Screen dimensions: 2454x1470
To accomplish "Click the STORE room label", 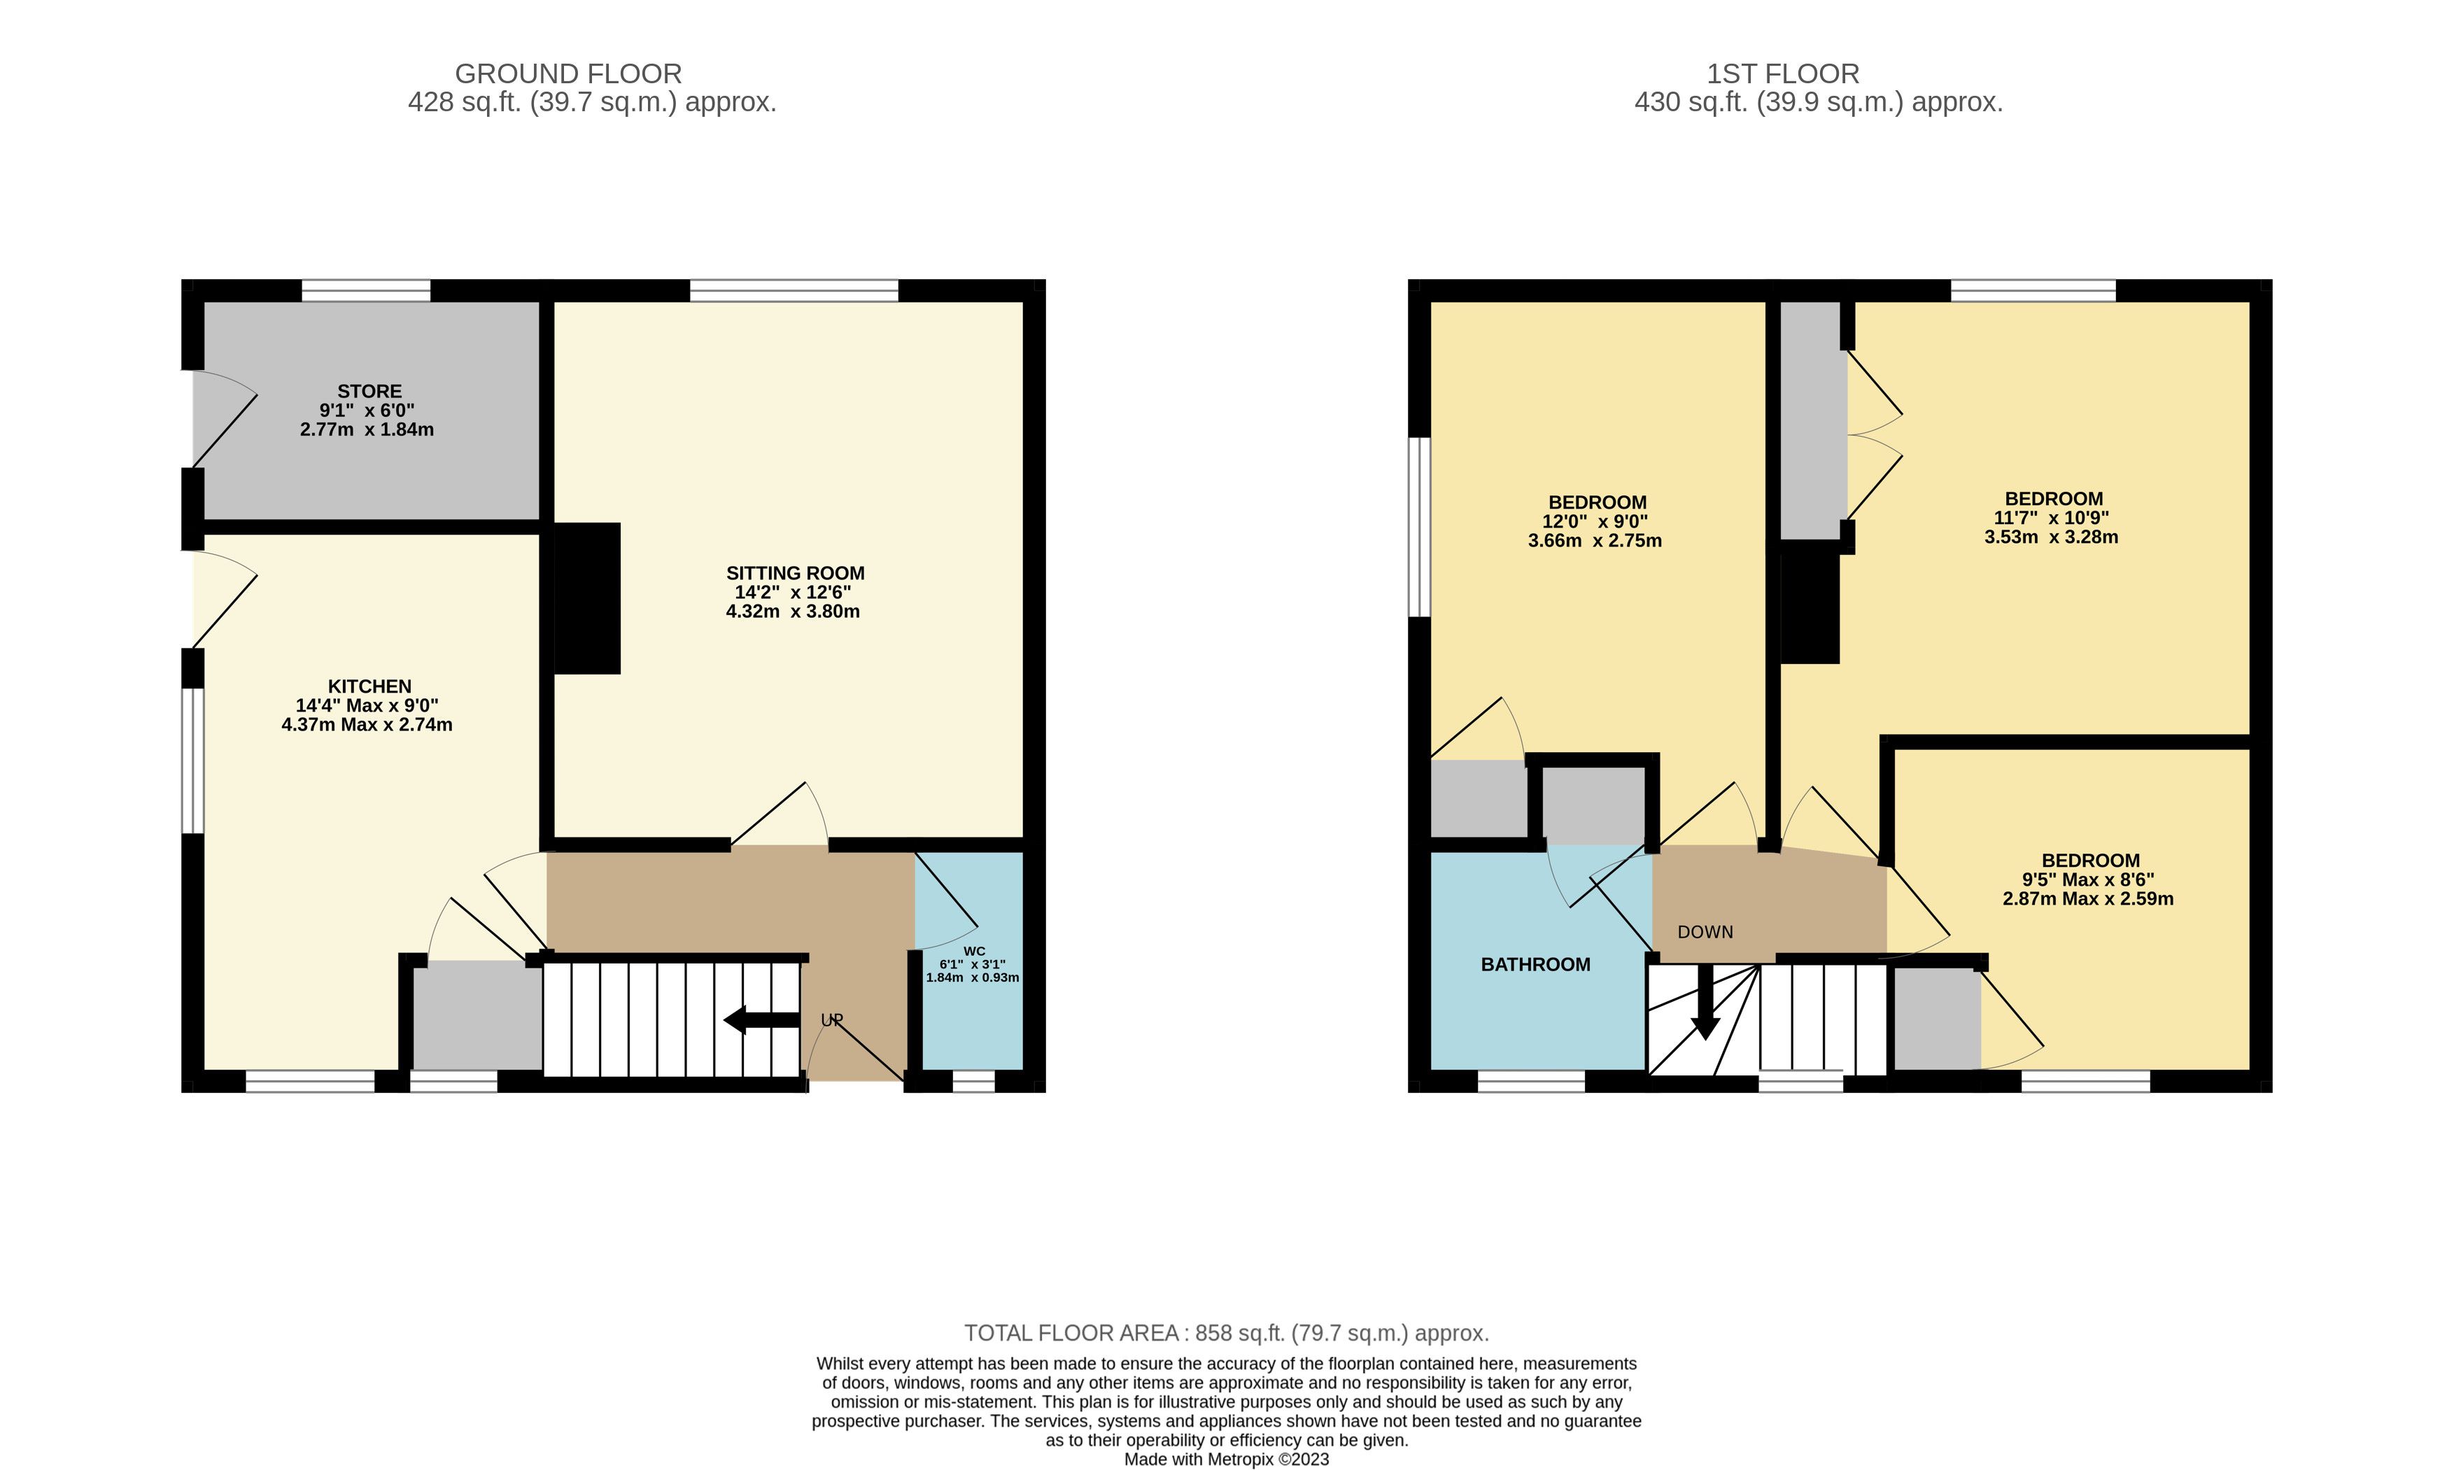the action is [369, 391].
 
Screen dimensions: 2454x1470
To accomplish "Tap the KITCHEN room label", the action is [369, 686].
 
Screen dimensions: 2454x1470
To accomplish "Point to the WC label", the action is [974, 951].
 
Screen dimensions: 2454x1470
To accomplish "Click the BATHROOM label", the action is [1536, 965].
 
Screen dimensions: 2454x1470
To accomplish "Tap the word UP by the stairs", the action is [831, 1020].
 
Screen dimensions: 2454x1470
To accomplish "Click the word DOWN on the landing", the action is [1705, 932].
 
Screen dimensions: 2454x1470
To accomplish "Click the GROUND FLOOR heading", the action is [567, 74].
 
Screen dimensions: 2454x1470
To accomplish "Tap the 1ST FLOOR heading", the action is [1782, 74].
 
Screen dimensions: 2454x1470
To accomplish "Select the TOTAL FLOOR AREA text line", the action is [1227, 1334].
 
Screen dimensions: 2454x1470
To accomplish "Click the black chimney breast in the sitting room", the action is [586, 598].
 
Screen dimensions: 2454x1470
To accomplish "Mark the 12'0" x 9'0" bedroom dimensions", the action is [1595, 522].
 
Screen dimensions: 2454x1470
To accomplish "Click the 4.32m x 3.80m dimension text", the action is [793, 612].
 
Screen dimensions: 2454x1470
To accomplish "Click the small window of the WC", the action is [974, 1082].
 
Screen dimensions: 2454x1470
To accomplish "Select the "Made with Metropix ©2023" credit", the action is [1227, 1459].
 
